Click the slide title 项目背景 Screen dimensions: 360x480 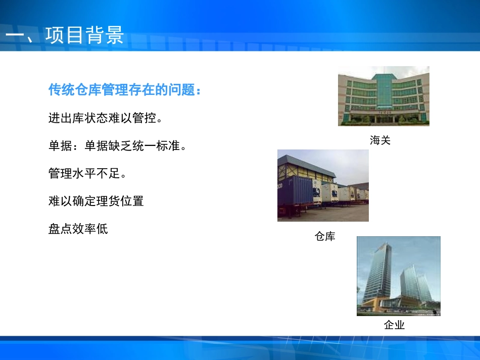(x=84, y=36)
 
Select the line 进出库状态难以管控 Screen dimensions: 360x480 (x=105, y=119)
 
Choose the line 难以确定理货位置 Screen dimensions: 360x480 (x=96, y=201)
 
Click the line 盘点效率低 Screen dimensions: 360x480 (x=78, y=229)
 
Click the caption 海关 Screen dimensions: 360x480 (x=380, y=140)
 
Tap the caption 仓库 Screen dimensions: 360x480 (x=324, y=236)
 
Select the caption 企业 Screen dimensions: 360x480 (x=394, y=325)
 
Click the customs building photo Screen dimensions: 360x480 (x=383, y=96)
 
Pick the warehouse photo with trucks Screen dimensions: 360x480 (x=323, y=185)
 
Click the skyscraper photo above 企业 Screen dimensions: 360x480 (x=398, y=276)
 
